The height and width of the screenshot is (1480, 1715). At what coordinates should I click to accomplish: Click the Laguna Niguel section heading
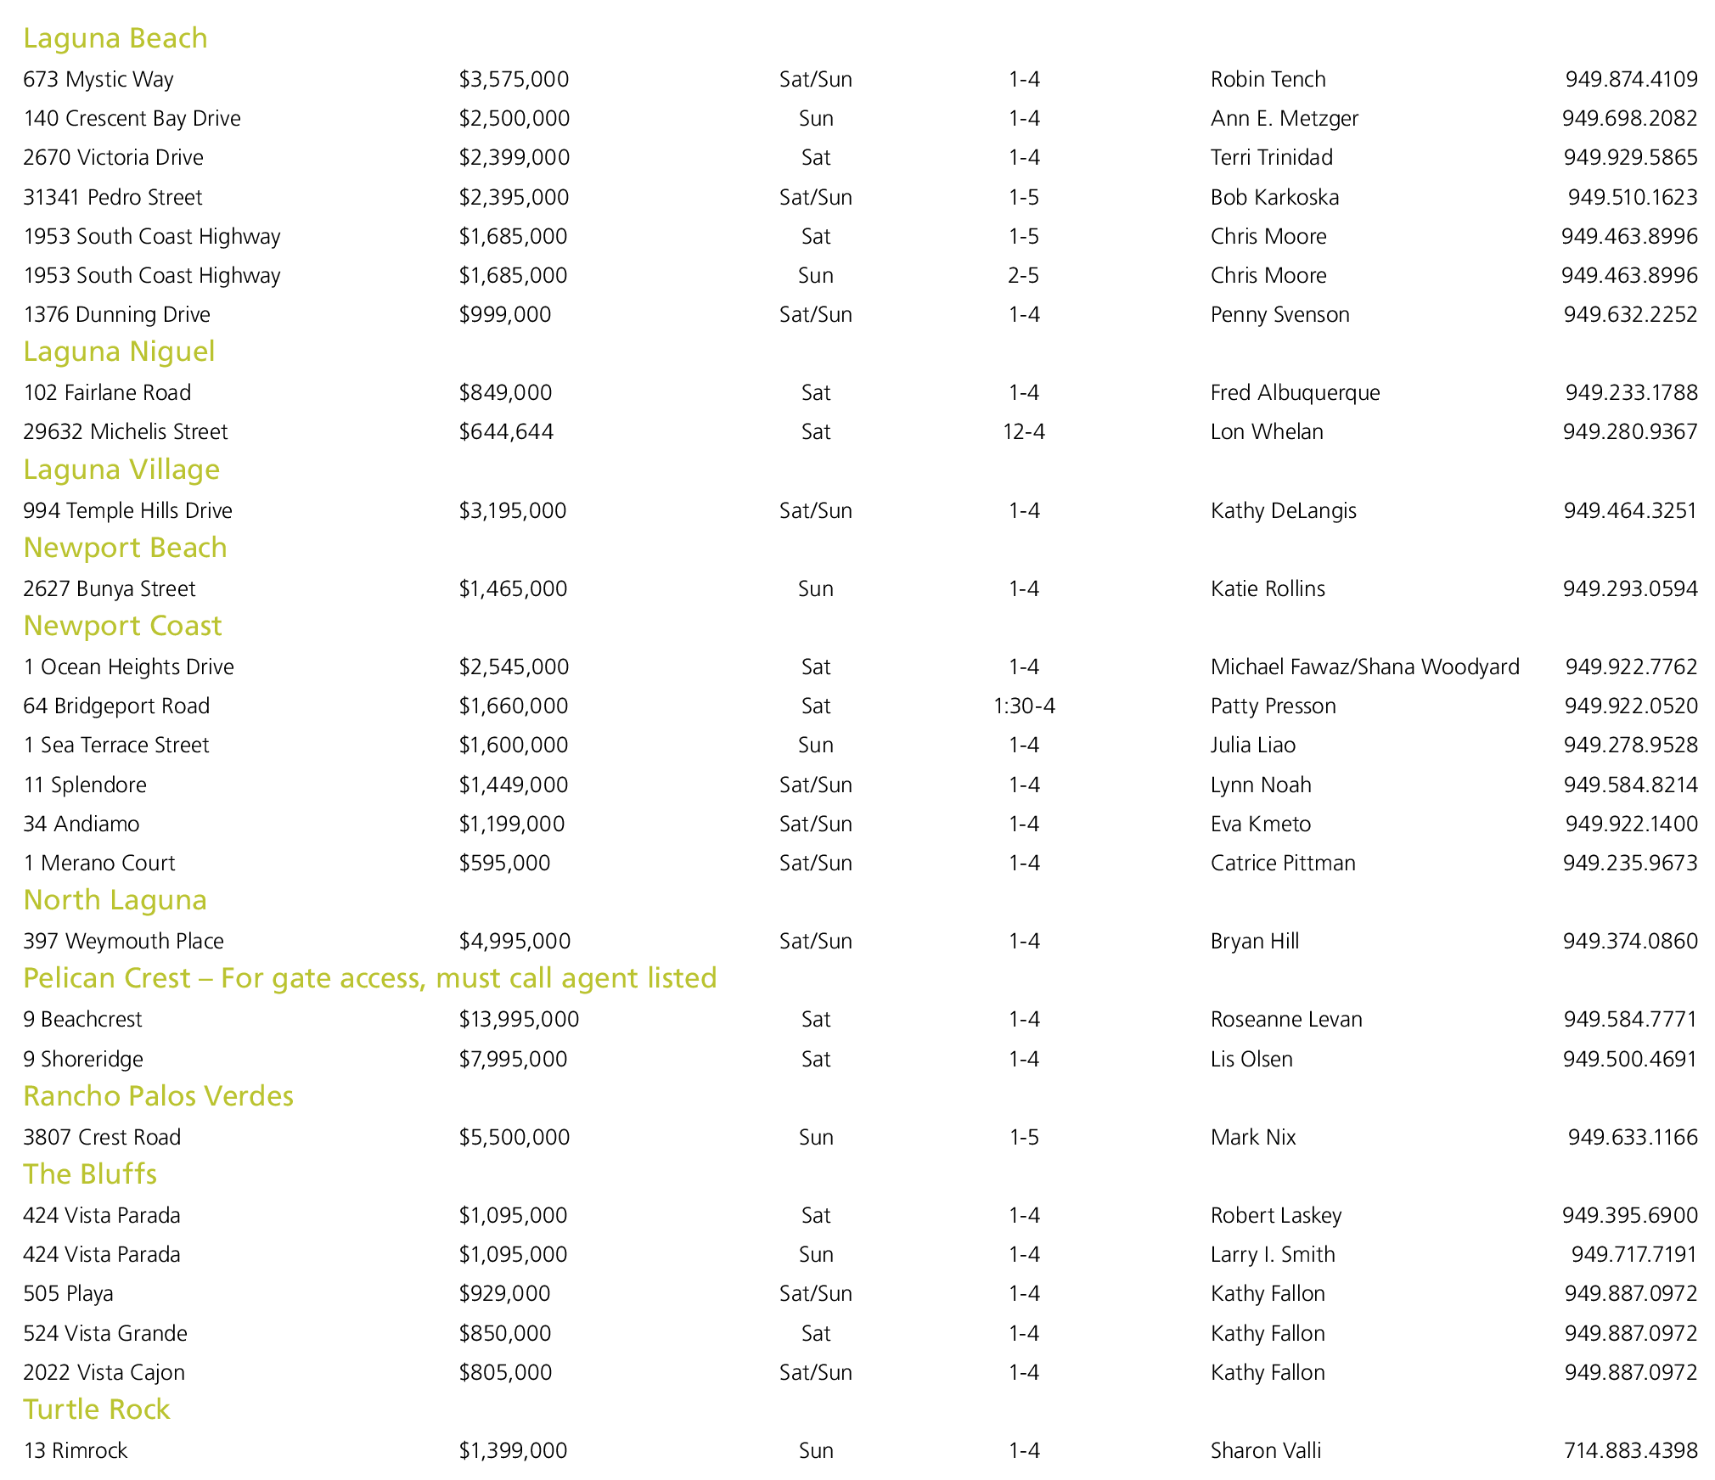[119, 352]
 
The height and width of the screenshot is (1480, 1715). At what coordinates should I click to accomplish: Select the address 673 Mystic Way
[98, 79]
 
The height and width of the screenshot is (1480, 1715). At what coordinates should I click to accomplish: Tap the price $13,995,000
[519, 1019]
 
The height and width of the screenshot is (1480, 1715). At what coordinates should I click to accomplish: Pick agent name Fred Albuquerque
[1295, 392]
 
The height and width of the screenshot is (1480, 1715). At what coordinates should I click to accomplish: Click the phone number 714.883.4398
[1630, 1450]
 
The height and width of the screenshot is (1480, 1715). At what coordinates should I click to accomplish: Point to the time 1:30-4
[1024, 706]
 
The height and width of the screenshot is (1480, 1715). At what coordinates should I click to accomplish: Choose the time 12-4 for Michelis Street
[1024, 431]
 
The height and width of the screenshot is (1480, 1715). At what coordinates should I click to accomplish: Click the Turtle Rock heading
[97, 1410]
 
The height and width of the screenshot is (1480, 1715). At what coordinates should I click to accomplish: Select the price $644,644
[506, 431]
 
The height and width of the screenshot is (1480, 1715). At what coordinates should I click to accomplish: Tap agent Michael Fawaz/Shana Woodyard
[1364, 667]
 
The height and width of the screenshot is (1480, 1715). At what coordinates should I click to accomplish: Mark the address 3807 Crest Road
[102, 1137]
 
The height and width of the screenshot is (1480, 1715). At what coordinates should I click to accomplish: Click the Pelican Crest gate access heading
[370, 978]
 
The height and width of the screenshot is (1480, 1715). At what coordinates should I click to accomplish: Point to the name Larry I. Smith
[1273, 1254]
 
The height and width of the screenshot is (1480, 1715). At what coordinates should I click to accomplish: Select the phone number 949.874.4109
[1631, 79]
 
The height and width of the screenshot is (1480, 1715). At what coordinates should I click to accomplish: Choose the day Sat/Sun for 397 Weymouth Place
[815, 941]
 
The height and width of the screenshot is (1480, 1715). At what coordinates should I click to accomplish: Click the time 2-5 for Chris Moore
[1024, 275]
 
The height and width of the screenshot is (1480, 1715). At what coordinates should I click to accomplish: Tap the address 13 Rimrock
[76, 1450]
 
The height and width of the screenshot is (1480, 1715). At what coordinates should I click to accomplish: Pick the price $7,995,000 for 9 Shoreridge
[513, 1059]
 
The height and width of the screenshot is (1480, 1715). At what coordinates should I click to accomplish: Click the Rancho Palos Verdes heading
[158, 1096]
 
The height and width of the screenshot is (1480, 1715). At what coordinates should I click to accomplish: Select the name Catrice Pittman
[1283, 863]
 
